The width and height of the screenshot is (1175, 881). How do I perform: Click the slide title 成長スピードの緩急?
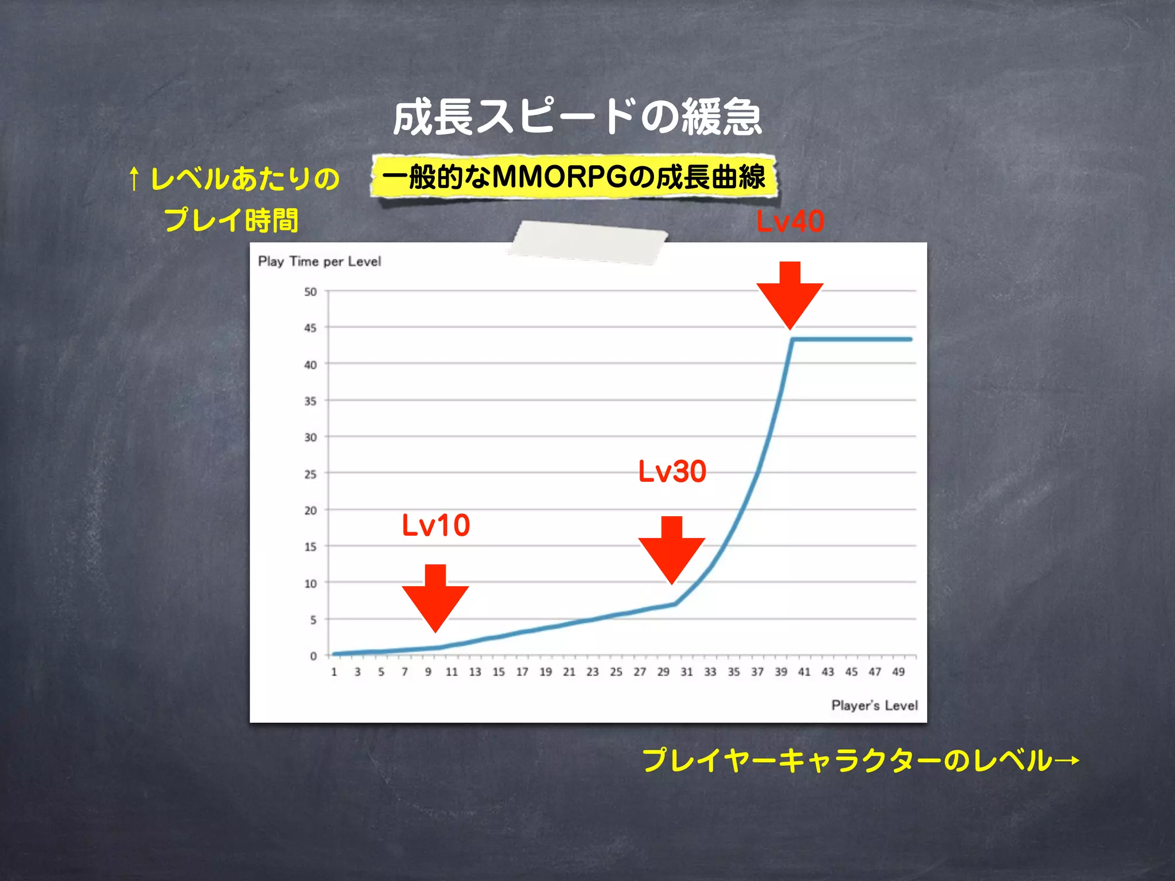click(577, 117)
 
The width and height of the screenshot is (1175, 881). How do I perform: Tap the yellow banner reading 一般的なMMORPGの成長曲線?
click(574, 177)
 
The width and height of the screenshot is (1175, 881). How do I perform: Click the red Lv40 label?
click(790, 221)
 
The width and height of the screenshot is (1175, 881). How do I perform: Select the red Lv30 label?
click(672, 471)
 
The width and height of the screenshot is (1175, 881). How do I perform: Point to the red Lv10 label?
click(436, 525)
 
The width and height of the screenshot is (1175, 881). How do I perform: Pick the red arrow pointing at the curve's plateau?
click(790, 295)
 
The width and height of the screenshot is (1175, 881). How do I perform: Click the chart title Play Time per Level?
click(320, 262)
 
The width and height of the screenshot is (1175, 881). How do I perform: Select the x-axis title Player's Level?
click(874, 705)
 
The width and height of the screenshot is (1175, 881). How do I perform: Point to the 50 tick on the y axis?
click(310, 292)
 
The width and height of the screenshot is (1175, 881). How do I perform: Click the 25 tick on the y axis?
click(310, 474)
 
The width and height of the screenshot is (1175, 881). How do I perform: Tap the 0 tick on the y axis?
click(313, 656)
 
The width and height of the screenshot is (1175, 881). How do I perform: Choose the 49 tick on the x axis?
click(898, 672)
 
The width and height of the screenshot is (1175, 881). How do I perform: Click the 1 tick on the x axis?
click(334, 672)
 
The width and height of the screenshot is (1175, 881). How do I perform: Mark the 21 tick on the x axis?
click(569, 672)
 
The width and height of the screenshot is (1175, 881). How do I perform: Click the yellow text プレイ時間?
click(231, 220)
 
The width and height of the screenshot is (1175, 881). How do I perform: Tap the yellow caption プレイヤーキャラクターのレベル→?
click(861, 761)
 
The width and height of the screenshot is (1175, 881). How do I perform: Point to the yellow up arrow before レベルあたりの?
click(134, 178)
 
